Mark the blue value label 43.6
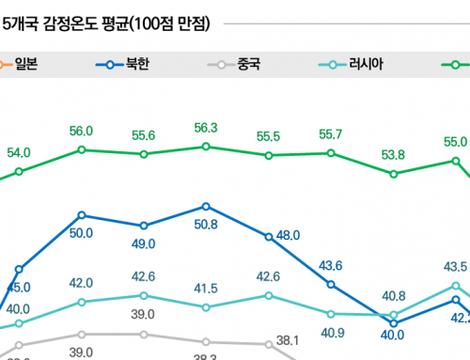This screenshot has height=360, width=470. [331, 266]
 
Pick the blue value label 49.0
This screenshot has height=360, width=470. [143, 243]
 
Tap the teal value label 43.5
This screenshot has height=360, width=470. [455, 266]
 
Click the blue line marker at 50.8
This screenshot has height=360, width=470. [205, 206]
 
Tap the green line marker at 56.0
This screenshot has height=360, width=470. [82, 149]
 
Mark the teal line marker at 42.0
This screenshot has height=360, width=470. [82, 302]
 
